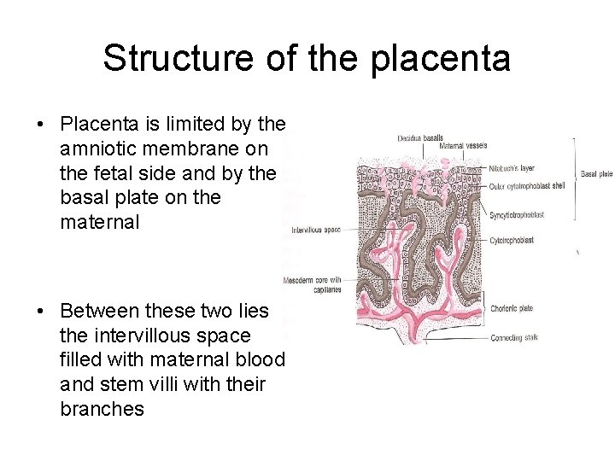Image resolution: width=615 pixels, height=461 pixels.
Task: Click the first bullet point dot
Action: pos(41,124)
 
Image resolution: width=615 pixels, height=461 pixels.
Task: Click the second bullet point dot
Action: pos(41,310)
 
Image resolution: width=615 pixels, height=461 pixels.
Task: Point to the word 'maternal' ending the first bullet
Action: pos(98,223)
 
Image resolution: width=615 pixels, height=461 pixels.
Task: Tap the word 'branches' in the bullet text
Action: pos(102,409)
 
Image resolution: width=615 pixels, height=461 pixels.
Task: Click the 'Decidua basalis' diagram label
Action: pos(419,138)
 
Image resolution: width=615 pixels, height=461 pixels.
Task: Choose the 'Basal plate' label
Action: pos(595,174)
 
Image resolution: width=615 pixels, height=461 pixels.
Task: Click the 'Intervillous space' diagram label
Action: pos(315,230)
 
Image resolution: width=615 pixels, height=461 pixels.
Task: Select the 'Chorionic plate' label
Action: pos(512,309)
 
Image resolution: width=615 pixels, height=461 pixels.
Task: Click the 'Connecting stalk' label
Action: pos(514,338)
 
